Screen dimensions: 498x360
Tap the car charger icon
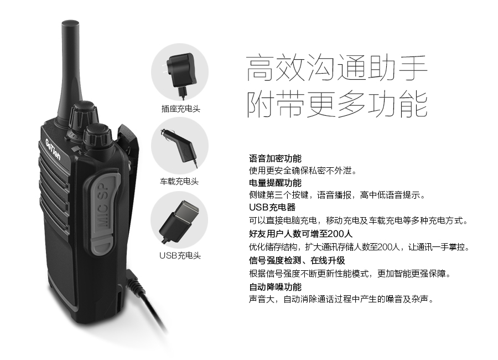pyautogui.click(x=180, y=147)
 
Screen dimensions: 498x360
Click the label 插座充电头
pyautogui.click(x=181, y=109)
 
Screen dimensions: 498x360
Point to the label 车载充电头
pyautogui.click(x=179, y=182)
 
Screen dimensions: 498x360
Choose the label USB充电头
pyautogui.click(x=180, y=256)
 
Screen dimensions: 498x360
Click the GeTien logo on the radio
pyautogui.click(x=53, y=150)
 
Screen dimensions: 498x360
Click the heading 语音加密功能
pyautogui.click(x=275, y=158)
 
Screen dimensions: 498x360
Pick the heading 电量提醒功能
pyautogui.click(x=275, y=183)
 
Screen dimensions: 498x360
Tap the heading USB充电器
pyautogui.click(x=272, y=207)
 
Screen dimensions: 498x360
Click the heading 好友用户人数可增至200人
pyautogui.click(x=300, y=234)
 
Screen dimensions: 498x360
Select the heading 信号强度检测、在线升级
pyautogui.click(x=297, y=260)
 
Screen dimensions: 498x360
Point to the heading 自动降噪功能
pyautogui.click(x=275, y=287)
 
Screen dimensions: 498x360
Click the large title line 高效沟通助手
pyautogui.click(x=336, y=68)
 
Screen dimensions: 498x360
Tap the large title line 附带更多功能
pyautogui.click(x=336, y=105)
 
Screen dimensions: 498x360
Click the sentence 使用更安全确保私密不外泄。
pyautogui.click(x=303, y=171)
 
